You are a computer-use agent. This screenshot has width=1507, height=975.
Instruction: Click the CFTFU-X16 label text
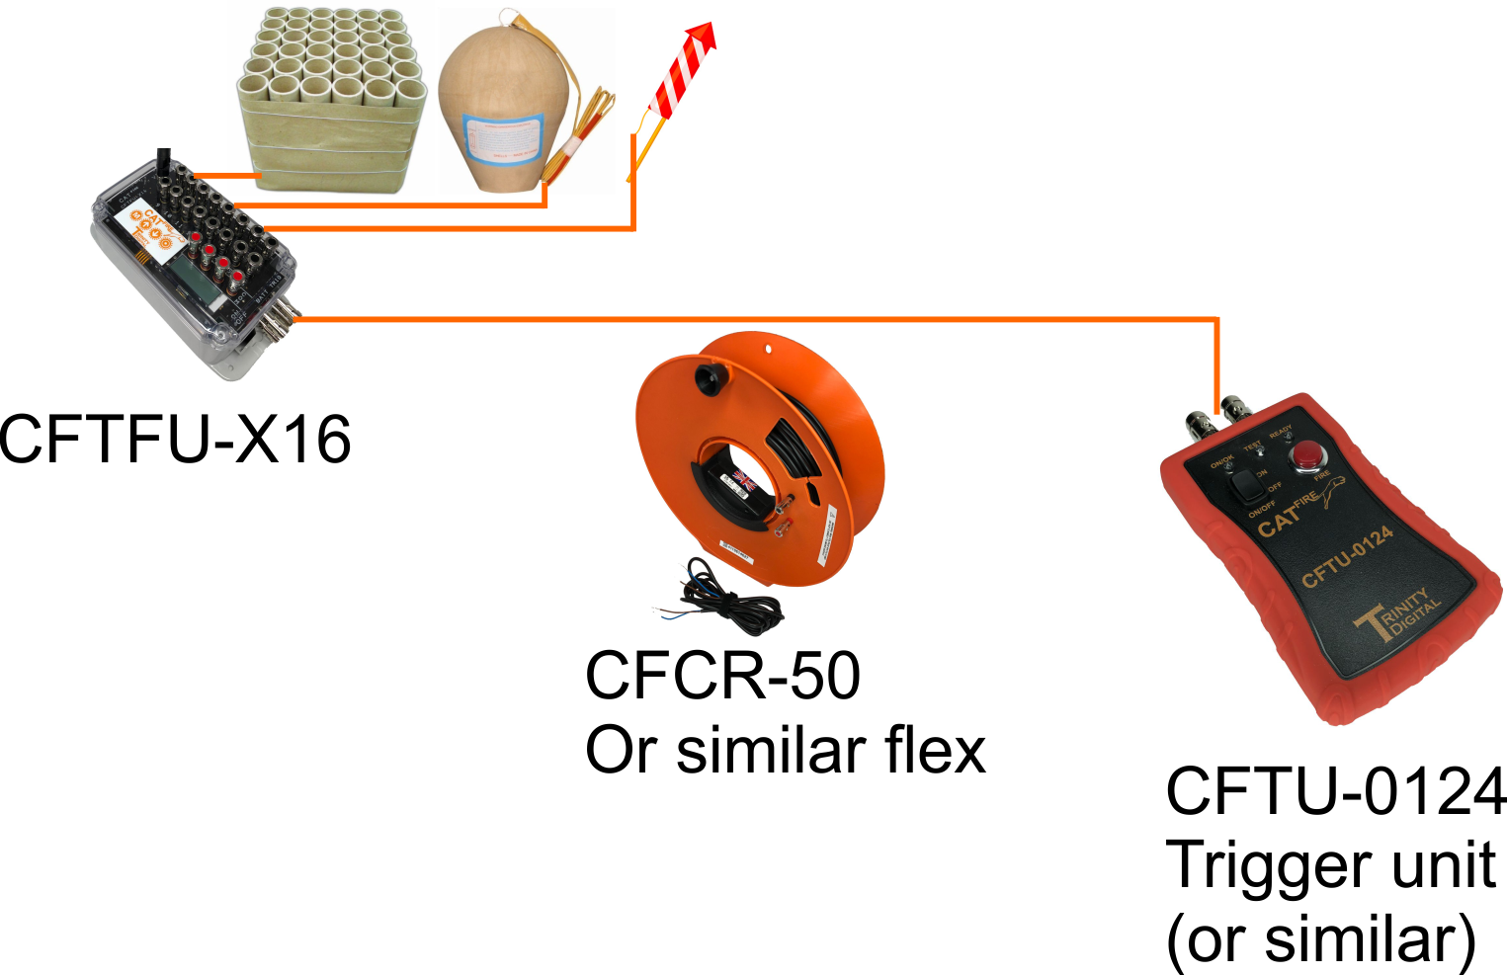tap(175, 440)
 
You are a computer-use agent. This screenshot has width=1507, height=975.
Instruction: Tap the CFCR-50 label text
tap(722, 677)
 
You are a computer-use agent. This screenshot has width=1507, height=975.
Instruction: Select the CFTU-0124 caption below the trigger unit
tap(1336, 791)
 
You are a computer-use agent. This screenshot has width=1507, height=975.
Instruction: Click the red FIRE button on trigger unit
tap(1307, 454)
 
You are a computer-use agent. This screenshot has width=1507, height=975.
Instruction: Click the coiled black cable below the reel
tap(721, 598)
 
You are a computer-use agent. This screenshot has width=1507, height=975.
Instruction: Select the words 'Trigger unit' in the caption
tap(1330, 865)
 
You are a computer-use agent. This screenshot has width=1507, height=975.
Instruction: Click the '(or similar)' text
tap(1320, 939)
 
